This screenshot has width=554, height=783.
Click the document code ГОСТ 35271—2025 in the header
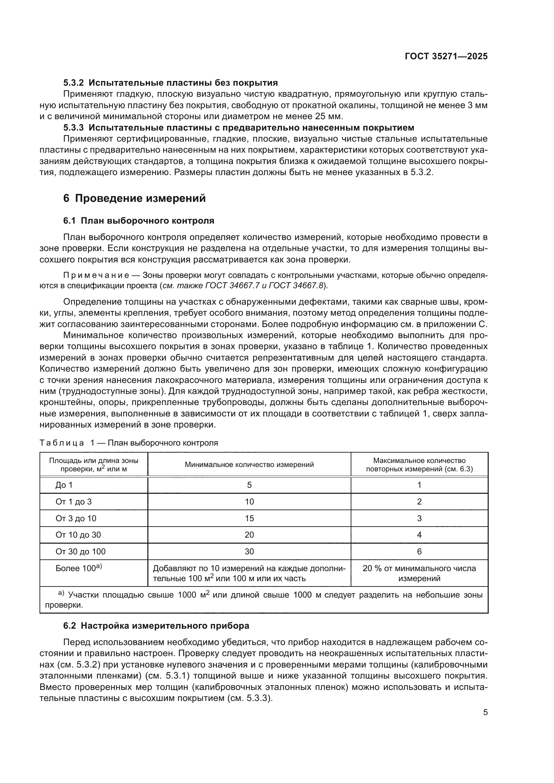(446, 57)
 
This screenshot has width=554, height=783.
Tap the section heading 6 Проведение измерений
(134, 198)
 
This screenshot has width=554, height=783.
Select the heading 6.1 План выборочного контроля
(139, 221)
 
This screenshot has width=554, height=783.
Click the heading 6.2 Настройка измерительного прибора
(156, 626)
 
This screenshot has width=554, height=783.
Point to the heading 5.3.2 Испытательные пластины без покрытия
(170, 83)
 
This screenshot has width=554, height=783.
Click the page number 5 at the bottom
(485, 712)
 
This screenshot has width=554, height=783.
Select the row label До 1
(64, 485)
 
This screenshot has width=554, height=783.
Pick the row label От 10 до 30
(78, 535)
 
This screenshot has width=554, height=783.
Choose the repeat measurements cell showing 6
(419, 551)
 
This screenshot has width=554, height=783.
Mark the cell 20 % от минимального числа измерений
(419, 573)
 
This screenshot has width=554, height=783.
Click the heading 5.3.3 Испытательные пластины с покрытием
(239, 128)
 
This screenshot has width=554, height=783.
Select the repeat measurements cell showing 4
(419, 535)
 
